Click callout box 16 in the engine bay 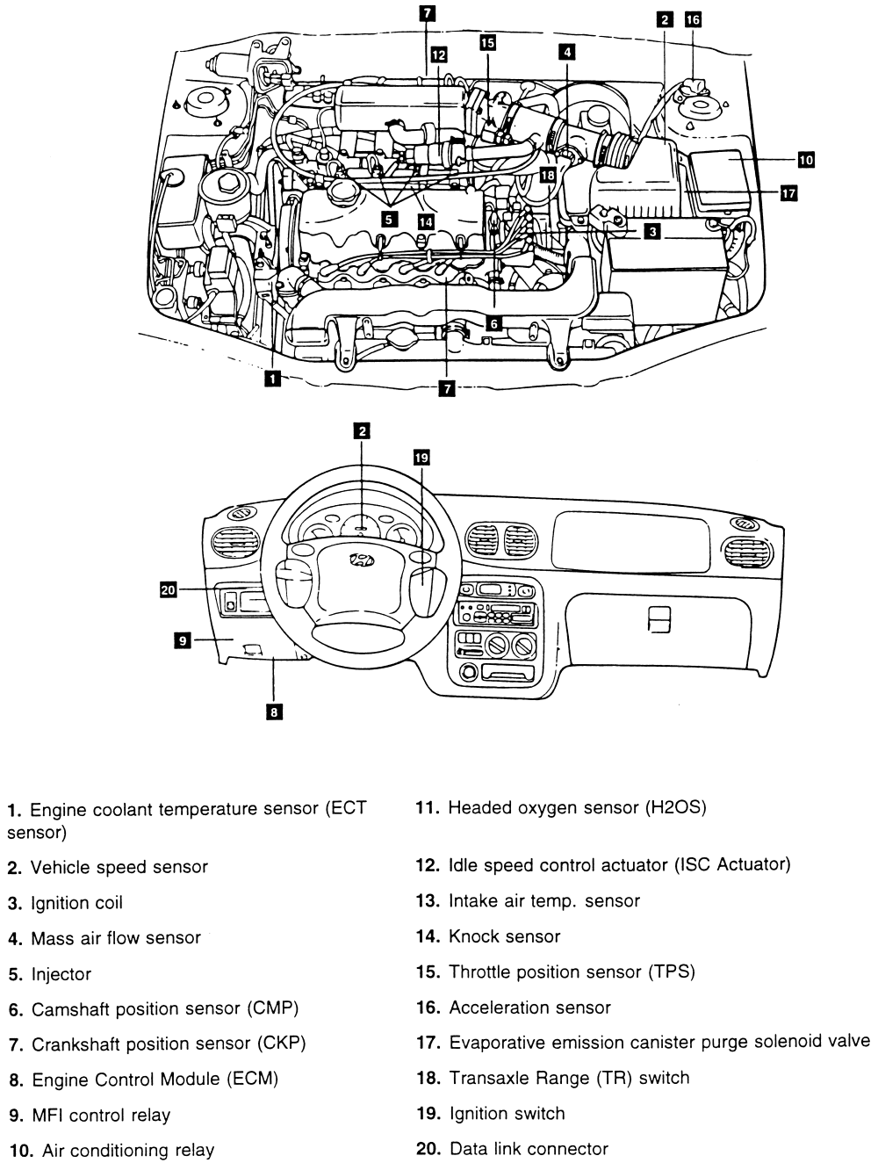point(693,19)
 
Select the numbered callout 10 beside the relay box point(806,160)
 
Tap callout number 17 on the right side point(788,193)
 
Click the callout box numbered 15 point(487,42)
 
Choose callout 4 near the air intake point(568,52)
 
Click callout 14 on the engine point(426,221)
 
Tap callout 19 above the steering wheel point(421,457)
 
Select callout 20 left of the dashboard point(169,589)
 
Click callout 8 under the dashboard point(275,712)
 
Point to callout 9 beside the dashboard point(183,641)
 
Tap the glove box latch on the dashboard point(659,620)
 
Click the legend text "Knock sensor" point(504,936)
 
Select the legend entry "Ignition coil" point(76,903)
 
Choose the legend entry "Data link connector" point(528,1148)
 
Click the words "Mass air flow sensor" point(116,938)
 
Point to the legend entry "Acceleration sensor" point(529,1008)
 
